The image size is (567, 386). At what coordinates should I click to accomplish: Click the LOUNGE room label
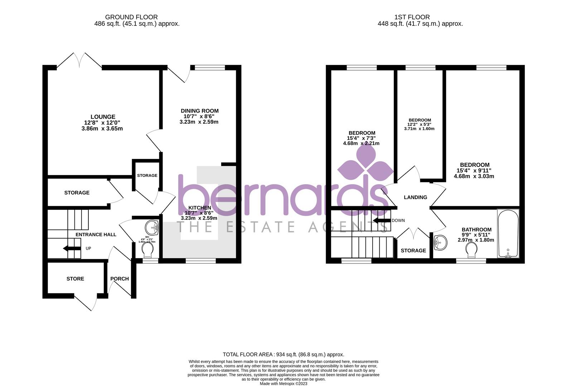tap(103, 117)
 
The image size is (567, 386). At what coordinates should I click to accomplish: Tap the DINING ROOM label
tap(199, 111)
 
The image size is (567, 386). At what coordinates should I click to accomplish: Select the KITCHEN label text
tap(199, 208)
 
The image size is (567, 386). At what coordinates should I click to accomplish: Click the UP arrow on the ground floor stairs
tap(72, 248)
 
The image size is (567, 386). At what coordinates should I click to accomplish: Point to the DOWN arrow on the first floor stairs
tap(381, 220)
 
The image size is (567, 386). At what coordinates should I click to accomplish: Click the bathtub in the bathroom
tap(508, 234)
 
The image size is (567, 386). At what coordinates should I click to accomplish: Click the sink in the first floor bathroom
tap(440, 243)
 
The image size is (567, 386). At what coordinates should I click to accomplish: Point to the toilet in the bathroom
tap(471, 251)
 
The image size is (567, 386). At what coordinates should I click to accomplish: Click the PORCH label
tap(120, 279)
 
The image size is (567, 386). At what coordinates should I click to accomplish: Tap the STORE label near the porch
tap(75, 279)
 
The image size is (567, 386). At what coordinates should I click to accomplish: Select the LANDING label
tap(415, 197)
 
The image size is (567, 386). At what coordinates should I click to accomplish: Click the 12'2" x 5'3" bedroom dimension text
tap(419, 124)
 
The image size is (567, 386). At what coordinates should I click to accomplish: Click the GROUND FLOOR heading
tap(131, 17)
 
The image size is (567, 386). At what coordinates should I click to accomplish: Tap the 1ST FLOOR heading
tap(412, 17)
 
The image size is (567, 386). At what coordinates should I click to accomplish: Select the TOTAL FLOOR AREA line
tap(283, 355)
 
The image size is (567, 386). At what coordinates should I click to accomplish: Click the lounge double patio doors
tap(79, 60)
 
